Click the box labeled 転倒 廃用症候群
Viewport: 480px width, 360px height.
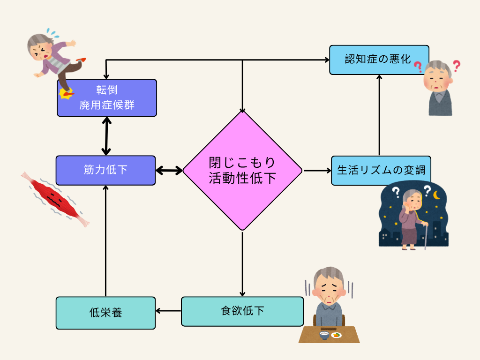(x=107, y=97)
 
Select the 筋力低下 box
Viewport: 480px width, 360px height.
(x=105, y=170)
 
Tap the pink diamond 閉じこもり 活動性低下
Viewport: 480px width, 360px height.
(x=242, y=171)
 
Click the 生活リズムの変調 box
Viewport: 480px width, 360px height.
(x=380, y=170)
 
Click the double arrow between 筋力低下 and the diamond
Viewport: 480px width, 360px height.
(x=169, y=171)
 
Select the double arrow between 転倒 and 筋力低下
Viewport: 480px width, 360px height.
(x=107, y=136)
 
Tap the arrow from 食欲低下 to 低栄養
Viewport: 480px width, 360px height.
(x=168, y=310)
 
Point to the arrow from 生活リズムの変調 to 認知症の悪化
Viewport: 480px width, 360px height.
(x=379, y=115)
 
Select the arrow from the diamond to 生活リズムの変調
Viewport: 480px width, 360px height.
(x=316, y=171)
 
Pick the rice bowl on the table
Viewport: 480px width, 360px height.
(x=323, y=335)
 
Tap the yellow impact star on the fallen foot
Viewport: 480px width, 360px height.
(x=66, y=93)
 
